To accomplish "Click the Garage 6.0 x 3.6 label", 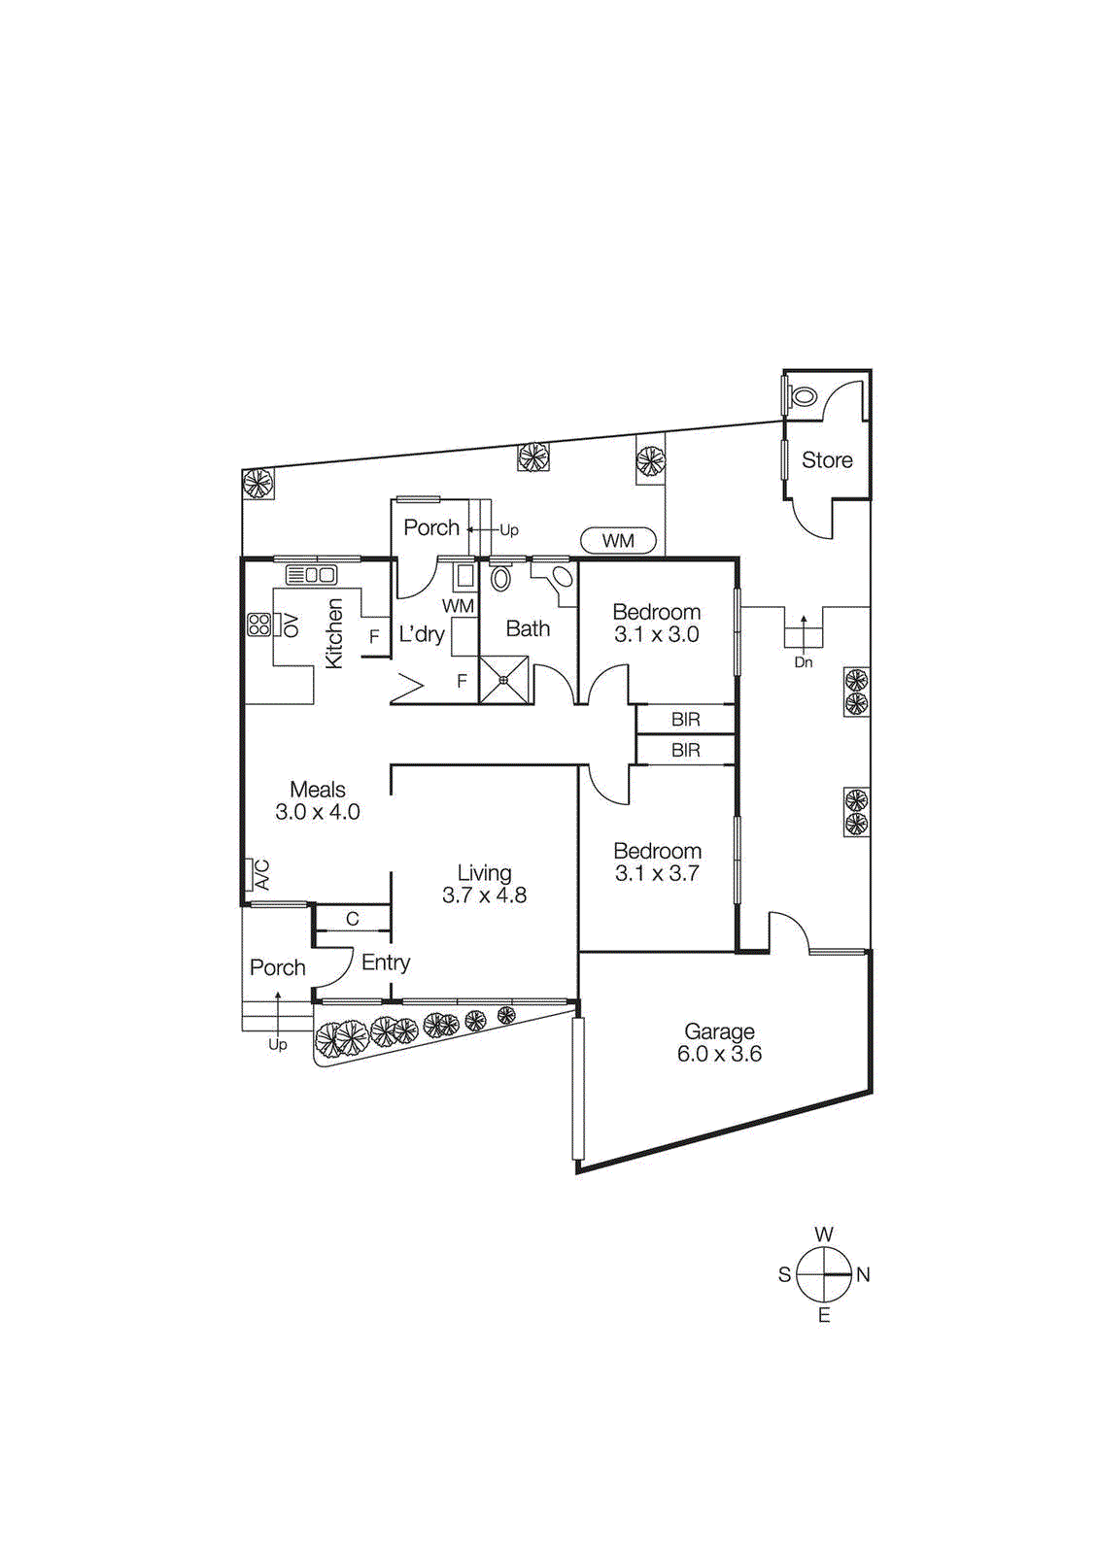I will coord(719,1042).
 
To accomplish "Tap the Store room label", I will coord(827,460).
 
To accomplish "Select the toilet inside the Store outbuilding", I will coord(803,396).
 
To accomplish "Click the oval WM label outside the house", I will coord(618,540).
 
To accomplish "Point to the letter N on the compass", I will coord(863,1274).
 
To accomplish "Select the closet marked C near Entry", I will coord(353,919).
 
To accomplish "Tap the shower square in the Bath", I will coord(504,680).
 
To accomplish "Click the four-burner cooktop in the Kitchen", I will coord(258,625).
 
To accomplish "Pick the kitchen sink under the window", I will coord(312,575).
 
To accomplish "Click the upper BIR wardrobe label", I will coord(685,720).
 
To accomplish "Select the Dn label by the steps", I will coord(803,662).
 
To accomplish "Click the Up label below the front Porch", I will coord(278,1045).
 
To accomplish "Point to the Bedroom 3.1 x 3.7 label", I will coord(657,862).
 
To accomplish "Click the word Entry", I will coord(386,963).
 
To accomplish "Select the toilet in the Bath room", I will coord(500,579).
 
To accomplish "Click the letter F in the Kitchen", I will coord(374,638).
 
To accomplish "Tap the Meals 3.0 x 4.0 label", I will coord(318,800).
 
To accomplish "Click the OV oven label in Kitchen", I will coord(290,625).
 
